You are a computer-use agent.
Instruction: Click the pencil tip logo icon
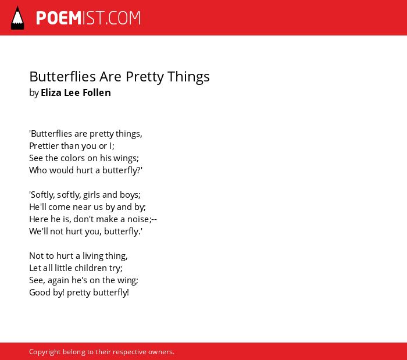coord(17,18)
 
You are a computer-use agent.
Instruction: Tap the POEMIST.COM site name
coord(88,18)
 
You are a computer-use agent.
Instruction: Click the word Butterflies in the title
coord(63,77)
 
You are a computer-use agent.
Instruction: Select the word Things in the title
coord(188,77)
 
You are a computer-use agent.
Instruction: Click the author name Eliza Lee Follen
coord(76,92)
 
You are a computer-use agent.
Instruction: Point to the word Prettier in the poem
coord(44,146)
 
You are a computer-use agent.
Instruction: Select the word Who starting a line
coord(38,170)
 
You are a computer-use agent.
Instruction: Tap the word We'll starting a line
coord(39,231)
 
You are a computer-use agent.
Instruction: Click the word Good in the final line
coord(40,293)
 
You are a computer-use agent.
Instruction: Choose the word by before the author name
coord(34,93)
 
